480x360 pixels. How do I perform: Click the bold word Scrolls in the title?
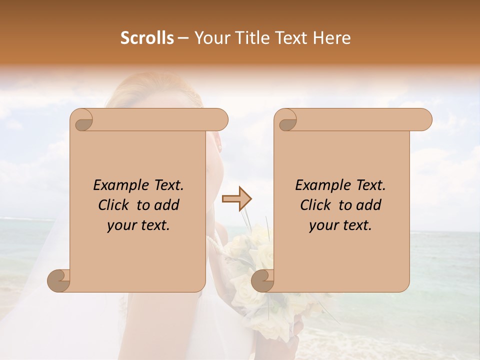(147, 38)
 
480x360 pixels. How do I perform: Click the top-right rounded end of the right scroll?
(422, 120)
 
